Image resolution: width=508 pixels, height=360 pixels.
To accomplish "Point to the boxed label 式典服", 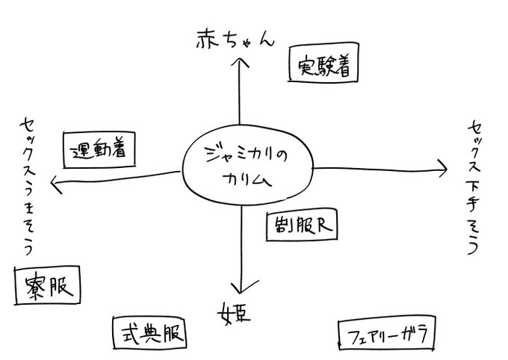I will [x=148, y=332].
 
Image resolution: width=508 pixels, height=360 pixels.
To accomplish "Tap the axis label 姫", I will [x=235, y=312].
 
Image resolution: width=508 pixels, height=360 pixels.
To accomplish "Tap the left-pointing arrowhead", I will [x=54, y=181].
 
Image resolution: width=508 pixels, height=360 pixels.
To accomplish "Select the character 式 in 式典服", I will [x=126, y=332].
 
